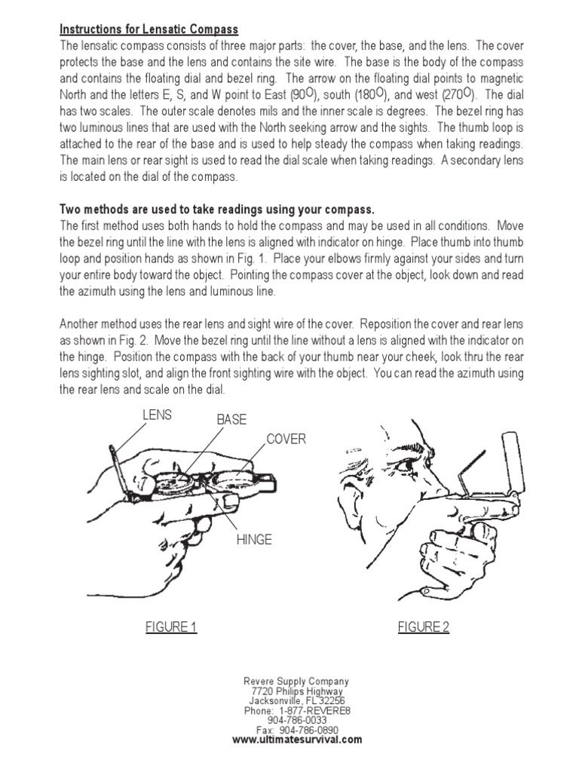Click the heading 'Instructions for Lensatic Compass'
(149, 29)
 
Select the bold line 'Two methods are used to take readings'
(216, 208)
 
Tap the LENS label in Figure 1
(157, 415)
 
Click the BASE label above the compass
(231, 419)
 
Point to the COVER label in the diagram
(286, 440)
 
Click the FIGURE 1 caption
(171, 627)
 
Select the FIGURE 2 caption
(424, 627)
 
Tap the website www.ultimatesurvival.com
(297, 740)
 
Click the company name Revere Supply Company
(297, 681)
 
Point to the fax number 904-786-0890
(297, 730)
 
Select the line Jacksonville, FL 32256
(297, 700)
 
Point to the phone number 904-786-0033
(297, 720)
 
